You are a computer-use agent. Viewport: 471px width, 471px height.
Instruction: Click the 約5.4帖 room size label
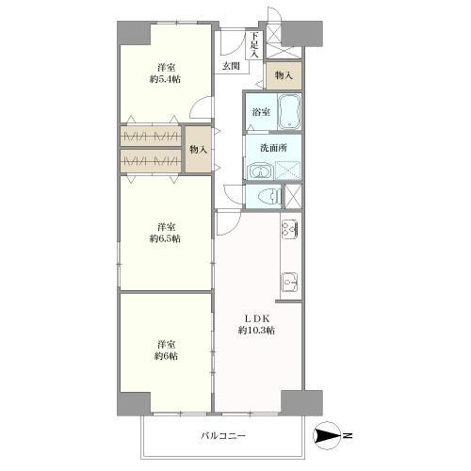point(165,79)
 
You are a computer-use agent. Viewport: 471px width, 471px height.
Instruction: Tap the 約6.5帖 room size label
point(165,238)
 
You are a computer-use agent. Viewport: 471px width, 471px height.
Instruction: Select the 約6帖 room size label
point(166,356)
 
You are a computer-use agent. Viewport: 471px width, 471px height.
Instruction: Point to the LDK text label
point(257,318)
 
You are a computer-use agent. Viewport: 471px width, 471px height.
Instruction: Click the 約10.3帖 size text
point(257,331)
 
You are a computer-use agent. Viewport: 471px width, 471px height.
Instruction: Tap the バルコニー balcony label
point(223,436)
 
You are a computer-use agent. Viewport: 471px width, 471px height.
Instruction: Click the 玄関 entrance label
point(231,66)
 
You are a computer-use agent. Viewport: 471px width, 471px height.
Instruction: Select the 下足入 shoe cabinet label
point(254,45)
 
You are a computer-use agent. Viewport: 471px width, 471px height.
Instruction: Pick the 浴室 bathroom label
point(261,112)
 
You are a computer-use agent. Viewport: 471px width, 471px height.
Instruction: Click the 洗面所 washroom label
point(273,148)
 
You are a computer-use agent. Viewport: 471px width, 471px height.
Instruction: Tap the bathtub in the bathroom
point(289,112)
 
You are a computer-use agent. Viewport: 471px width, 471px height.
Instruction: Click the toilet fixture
point(269,197)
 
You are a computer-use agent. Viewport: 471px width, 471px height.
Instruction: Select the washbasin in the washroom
point(260,171)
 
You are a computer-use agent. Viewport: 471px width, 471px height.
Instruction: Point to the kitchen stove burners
point(290,228)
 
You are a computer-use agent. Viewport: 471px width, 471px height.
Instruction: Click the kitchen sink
point(289,282)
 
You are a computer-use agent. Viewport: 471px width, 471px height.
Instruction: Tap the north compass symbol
point(329,436)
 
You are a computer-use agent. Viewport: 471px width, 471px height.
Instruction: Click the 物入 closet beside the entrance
point(284,75)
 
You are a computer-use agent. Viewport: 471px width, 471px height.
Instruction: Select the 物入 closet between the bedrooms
point(198,150)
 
